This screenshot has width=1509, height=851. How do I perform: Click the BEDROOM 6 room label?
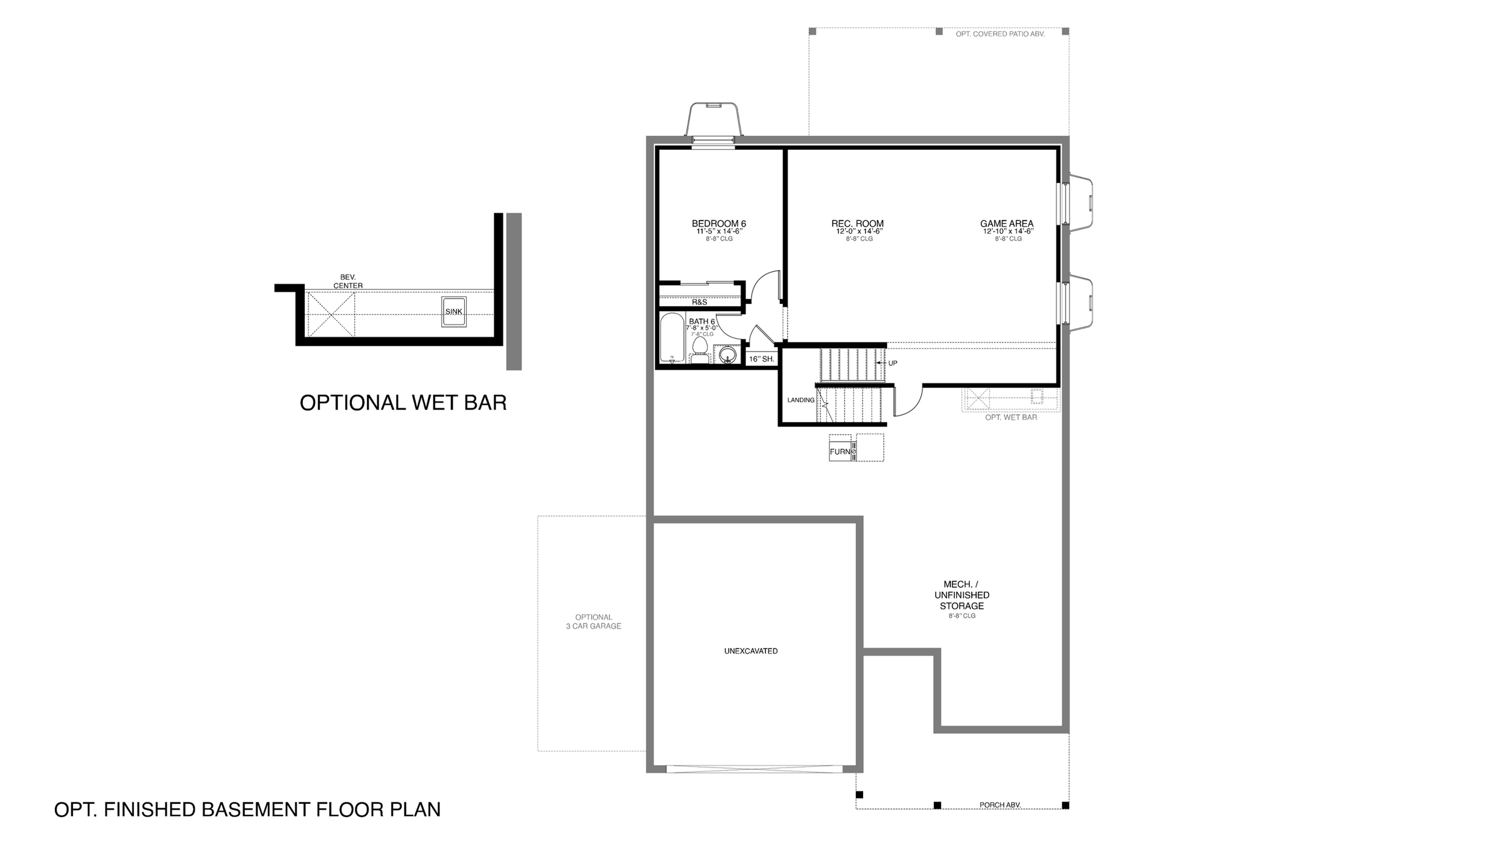pyautogui.click(x=719, y=223)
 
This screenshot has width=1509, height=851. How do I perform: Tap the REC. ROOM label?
pyautogui.click(x=857, y=223)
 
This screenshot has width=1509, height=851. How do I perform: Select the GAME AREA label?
pyautogui.click(x=1007, y=223)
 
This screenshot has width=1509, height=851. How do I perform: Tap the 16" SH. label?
pyautogui.click(x=761, y=359)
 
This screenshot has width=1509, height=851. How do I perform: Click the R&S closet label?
pyautogui.click(x=700, y=302)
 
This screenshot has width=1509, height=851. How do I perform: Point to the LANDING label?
pyautogui.click(x=801, y=400)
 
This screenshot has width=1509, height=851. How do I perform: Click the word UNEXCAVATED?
pyautogui.click(x=751, y=651)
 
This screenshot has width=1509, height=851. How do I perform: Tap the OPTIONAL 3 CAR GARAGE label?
pyautogui.click(x=593, y=621)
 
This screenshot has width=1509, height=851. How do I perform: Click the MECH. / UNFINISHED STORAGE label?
pyautogui.click(x=962, y=595)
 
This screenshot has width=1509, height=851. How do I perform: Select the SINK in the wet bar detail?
pyautogui.click(x=453, y=312)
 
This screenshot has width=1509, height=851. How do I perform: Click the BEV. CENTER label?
pyautogui.click(x=348, y=281)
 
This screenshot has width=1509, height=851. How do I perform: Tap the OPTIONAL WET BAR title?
pyautogui.click(x=403, y=403)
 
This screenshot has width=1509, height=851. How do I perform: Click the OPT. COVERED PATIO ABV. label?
pyautogui.click(x=1000, y=34)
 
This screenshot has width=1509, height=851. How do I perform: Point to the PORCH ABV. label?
pyautogui.click(x=1000, y=805)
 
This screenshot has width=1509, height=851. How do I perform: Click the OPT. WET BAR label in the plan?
pyautogui.click(x=1011, y=417)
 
